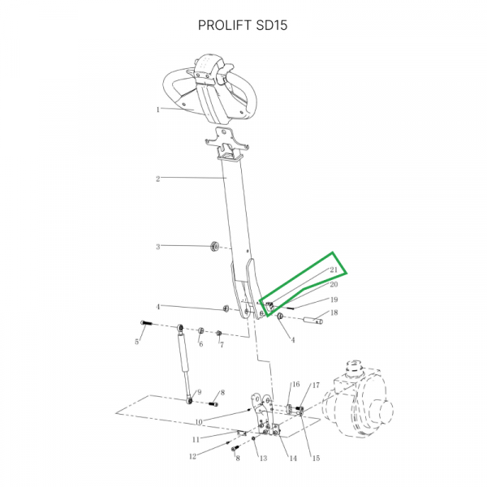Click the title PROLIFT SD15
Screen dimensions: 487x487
click(x=243, y=25)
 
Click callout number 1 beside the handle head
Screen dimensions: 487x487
click(x=158, y=110)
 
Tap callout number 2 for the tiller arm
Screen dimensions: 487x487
click(x=158, y=179)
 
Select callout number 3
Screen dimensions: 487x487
click(x=158, y=247)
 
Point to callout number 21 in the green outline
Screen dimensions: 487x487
click(x=334, y=269)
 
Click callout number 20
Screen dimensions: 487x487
click(x=334, y=285)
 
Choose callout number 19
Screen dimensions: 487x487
click(x=334, y=300)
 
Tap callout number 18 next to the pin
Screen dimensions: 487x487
click(x=334, y=312)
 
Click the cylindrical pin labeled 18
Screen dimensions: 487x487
click(x=312, y=321)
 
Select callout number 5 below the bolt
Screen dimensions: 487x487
click(x=136, y=342)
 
